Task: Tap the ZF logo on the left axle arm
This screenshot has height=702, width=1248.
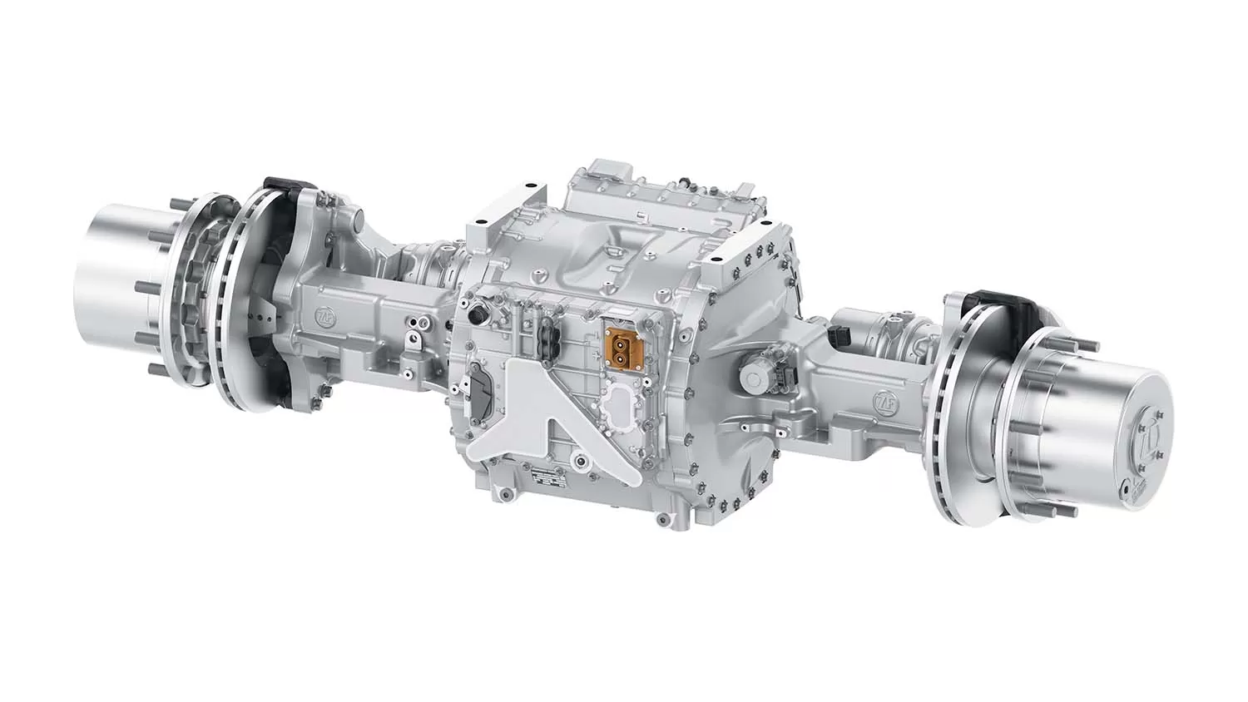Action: [322, 318]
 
